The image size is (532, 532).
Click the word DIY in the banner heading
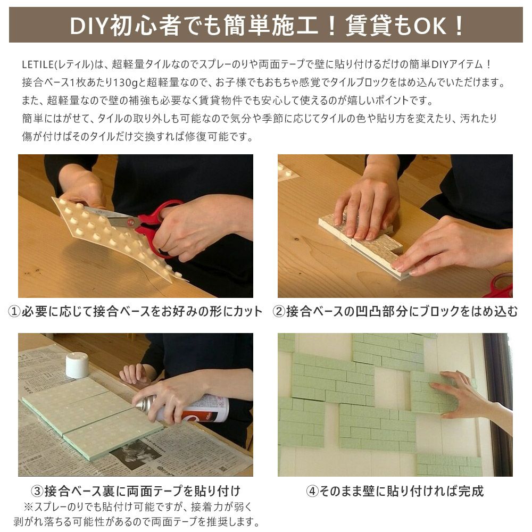point(89,26)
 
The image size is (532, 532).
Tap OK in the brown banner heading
point(429,26)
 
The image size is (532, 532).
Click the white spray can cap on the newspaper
point(77,365)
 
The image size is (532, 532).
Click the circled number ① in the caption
point(14,311)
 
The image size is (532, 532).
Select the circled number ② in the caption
point(279,311)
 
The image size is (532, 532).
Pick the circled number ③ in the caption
point(37,491)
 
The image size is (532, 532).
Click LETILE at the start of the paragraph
point(38,64)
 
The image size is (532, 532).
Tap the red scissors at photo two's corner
point(502,284)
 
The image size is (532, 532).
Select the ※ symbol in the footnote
point(28,507)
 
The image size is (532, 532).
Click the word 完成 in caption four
point(471,491)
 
